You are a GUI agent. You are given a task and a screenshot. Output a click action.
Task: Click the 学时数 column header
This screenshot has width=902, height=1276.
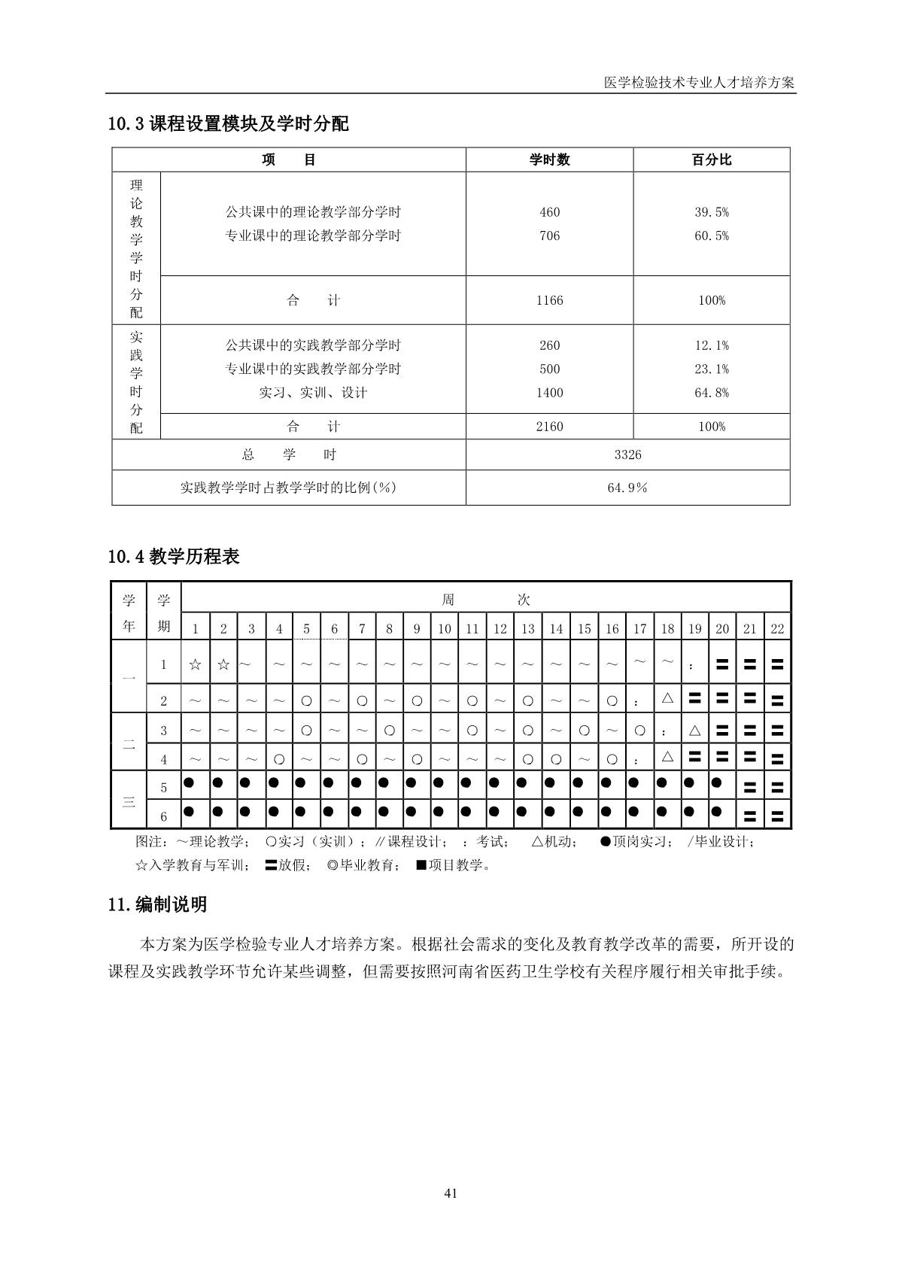tap(549, 159)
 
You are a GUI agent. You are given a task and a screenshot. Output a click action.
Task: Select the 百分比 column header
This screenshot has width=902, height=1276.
tap(711, 159)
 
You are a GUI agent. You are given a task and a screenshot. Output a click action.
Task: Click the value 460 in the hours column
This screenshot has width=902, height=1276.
tap(549, 212)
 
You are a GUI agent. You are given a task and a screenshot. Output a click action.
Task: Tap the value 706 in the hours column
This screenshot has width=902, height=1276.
tap(549, 235)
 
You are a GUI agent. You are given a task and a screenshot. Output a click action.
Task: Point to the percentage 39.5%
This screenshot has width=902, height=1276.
tap(711, 212)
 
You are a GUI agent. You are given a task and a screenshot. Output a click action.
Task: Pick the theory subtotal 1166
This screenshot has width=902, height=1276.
tap(549, 300)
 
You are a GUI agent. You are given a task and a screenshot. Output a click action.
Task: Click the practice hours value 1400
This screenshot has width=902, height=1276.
tap(549, 392)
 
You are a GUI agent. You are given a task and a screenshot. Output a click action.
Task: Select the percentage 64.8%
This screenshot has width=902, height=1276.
tap(711, 392)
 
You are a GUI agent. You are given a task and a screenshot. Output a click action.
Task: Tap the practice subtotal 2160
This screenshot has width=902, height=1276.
tap(549, 427)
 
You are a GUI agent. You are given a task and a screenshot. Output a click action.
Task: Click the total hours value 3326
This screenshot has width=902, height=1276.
tap(627, 454)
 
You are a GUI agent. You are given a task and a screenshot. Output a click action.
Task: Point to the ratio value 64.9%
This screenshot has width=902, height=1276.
tap(627, 488)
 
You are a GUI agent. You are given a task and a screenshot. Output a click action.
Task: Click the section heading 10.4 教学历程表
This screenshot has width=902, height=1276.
tap(174, 557)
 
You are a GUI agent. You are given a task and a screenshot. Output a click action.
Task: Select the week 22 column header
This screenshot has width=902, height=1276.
tap(777, 629)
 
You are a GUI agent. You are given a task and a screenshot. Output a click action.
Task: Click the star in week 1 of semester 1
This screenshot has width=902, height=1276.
tap(195, 664)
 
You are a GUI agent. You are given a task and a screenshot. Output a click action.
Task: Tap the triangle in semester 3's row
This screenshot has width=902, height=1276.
tap(694, 730)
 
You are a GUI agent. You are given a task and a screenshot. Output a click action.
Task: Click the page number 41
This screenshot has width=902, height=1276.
tap(451, 1192)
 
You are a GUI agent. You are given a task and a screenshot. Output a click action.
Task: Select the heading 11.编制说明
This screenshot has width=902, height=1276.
tap(157, 904)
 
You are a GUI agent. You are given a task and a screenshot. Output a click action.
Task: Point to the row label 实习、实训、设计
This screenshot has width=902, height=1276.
tap(313, 392)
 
